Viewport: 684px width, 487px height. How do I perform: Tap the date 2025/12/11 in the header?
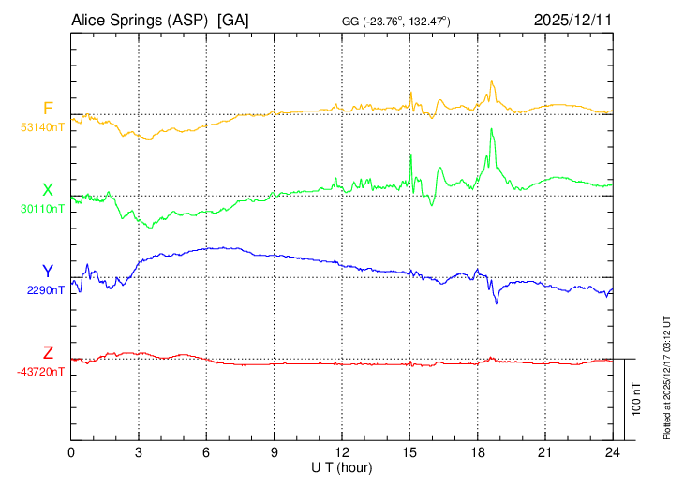tap(572, 19)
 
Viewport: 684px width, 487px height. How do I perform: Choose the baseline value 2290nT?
tap(46, 290)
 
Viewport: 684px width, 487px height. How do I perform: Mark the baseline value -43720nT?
tap(41, 372)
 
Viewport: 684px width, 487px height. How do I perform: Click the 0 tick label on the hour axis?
tap(72, 452)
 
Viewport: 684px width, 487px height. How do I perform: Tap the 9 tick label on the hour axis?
tap(275, 452)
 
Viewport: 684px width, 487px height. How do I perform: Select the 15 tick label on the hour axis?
tap(409, 452)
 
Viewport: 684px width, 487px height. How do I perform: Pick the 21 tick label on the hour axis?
tap(544, 452)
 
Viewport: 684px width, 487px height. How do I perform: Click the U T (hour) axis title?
tap(342, 466)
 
